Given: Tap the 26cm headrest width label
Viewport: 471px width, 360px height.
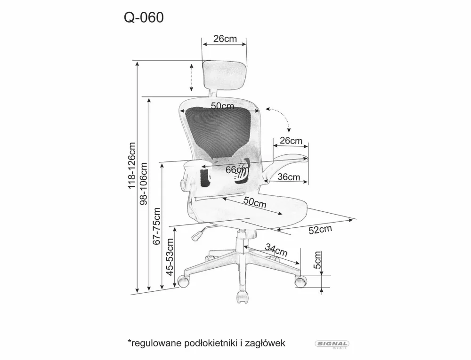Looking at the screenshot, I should [x=225, y=39].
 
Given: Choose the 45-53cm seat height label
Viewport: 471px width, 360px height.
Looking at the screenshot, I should [x=170, y=258].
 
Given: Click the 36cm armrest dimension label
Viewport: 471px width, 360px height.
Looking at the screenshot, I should [x=288, y=177].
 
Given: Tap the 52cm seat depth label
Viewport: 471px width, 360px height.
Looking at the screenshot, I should [x=320, y=230].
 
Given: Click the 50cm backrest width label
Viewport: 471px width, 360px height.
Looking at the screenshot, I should [x=222, y=106].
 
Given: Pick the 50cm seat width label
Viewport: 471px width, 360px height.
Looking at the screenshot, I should [x=255, y=202].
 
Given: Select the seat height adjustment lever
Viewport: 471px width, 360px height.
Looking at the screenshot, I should [x=199, y=233].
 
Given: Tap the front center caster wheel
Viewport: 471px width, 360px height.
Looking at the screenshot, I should [x=243, y=296].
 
